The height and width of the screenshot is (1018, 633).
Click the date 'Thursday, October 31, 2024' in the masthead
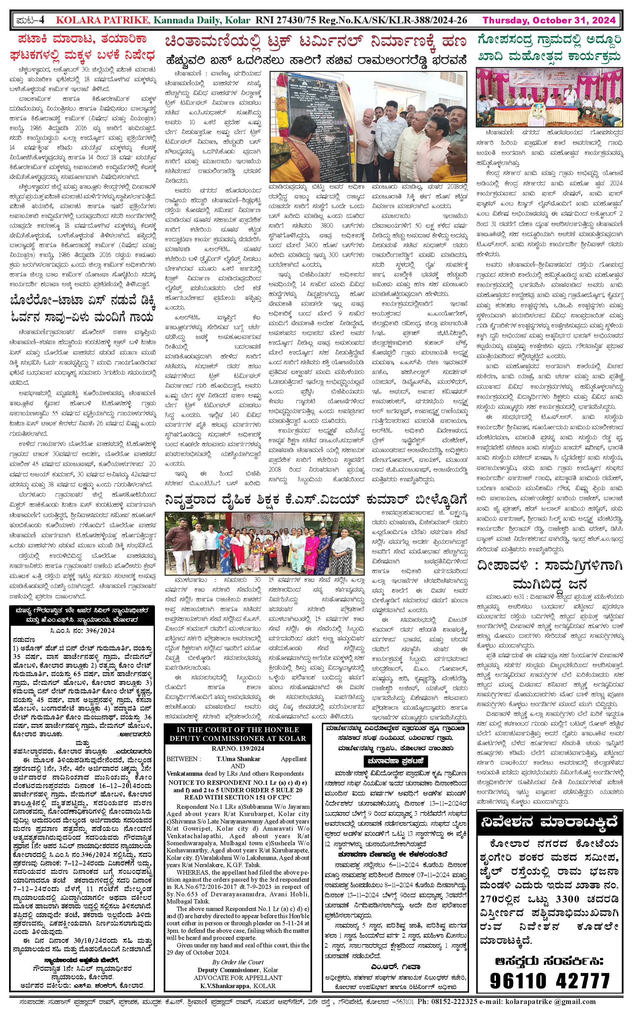[549, 20]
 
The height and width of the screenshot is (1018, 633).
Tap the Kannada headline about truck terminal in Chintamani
[315, 42]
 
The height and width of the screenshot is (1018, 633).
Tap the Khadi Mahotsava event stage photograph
[549, 98]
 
